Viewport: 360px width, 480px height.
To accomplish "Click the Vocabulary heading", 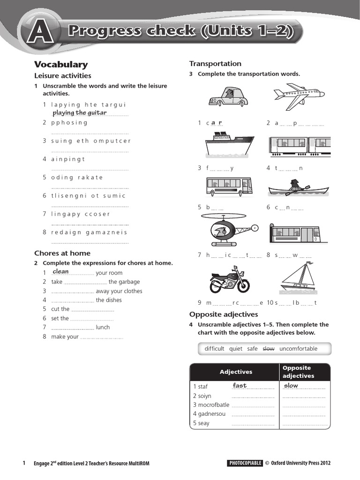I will pyautogui.click(x=61, y=65).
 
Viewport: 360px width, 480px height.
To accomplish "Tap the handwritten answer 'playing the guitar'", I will pyautogui.click(x=80, y=112).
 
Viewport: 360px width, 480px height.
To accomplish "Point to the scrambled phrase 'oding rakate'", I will pyautogui.click(x=77, y=177).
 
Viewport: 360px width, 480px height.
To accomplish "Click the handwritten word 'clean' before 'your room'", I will pyautogui.click(x=61, y=272).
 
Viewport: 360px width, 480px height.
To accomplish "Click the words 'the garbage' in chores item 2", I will pyautogui.click(x=124, y=282).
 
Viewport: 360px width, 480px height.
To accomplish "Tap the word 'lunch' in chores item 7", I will pyautogui.click(x=103, y=327).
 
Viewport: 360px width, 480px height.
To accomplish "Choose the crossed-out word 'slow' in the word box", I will pyautogui.click(x=268, y=349).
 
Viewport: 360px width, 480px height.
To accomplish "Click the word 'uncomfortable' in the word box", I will pyautogui.click(x=298, y=349).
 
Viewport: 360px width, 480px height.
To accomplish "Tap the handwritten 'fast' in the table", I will pyautogui.click(x=240, y=386).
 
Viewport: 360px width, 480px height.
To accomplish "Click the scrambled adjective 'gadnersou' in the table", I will pyautogui.click(x=209, y=414).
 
